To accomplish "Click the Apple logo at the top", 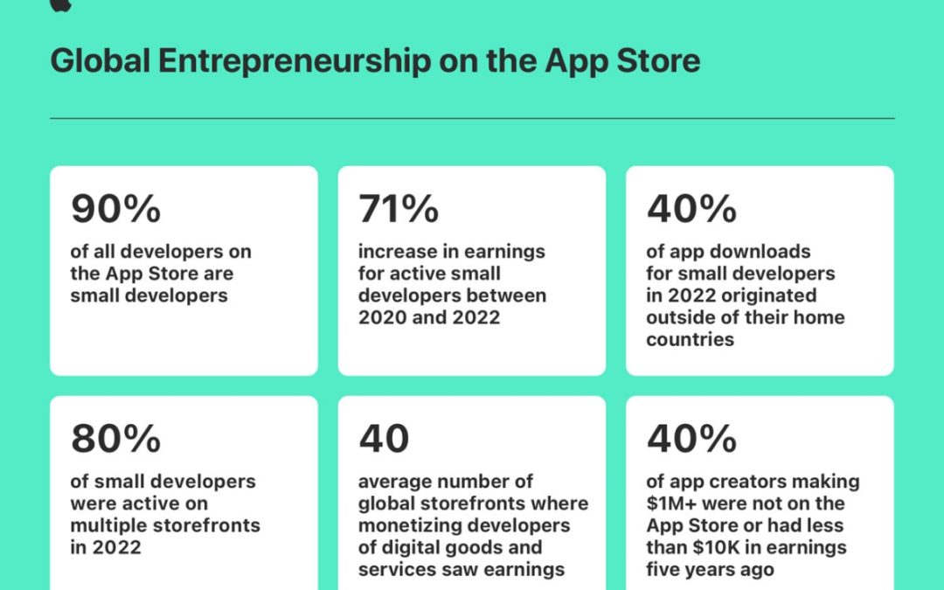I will pos(60,5).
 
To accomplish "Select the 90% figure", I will pos(116,209).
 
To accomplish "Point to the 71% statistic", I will pos(399,209).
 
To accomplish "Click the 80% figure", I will pos(116,439).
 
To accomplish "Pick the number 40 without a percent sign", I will pos(384,439).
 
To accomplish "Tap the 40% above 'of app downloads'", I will pos(691,209).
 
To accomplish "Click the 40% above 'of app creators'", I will pos(691,439).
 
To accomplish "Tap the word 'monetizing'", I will pos(406,526).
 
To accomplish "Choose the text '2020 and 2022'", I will pos(429,317).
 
